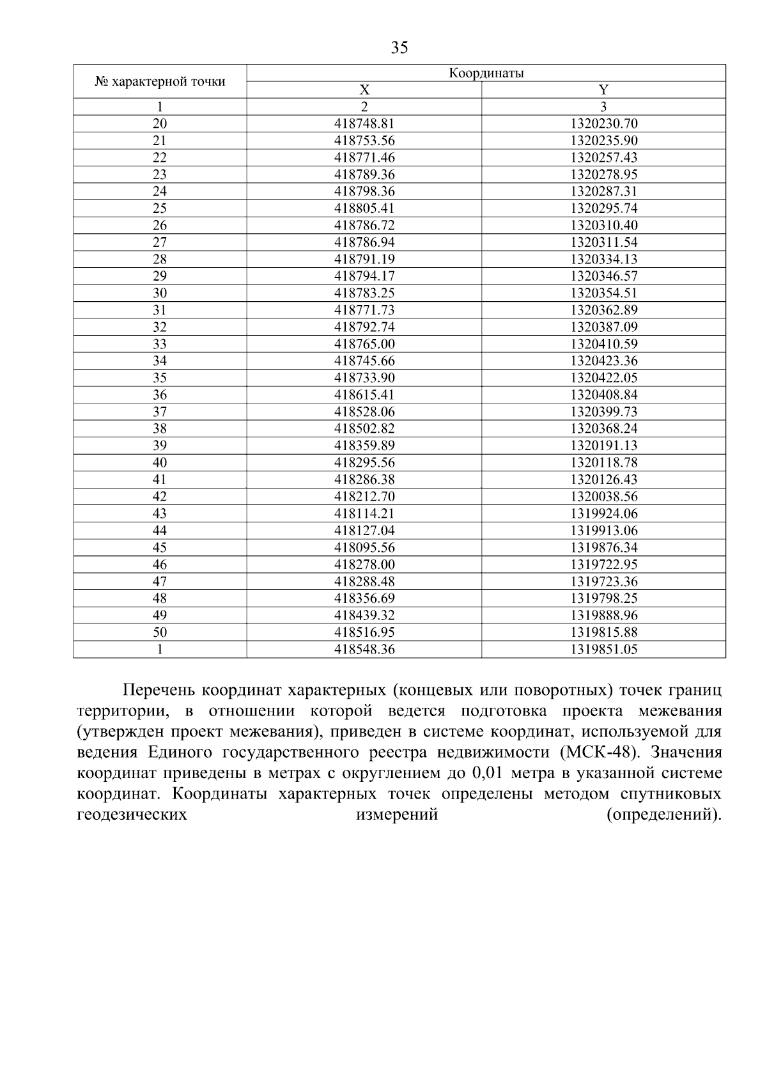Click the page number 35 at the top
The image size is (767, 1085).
(399, 48)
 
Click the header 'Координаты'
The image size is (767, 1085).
(486, 73)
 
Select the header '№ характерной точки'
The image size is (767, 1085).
(160, 81)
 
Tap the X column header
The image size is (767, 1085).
(364, 90)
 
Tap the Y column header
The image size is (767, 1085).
(603, 90)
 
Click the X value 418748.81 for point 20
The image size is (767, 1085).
(364, 123)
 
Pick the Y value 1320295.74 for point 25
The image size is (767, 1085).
(603, 208)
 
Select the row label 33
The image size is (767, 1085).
(160, 344)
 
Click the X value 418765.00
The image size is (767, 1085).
(364, 344)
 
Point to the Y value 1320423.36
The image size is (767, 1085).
(603, 361)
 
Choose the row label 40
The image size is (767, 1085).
(160, 462)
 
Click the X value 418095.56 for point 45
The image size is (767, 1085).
(364, 547)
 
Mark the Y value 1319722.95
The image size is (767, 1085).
(603, 564)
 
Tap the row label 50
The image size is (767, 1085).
(160, 632)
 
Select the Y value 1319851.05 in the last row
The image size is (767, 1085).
(603, 650)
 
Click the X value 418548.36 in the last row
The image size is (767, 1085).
(364, 650)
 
